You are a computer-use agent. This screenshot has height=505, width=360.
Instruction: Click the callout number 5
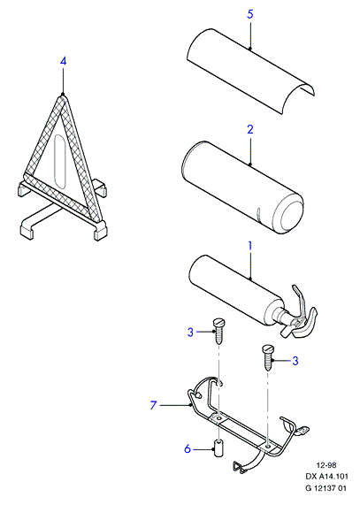pyautogui.click(x=250, y=14)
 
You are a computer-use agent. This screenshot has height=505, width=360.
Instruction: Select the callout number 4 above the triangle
pyautogui.click(x=63, y=61)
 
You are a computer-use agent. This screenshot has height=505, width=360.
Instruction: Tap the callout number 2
pyautogui.click(x=250, y=129)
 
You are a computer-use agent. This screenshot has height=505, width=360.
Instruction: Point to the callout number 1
pyautogui.click(x=249, y=246)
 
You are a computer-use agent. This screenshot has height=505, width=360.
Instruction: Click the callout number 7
pyautogui.click(x=153, y=405)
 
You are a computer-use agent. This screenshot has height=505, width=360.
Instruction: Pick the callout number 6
pyautogui.click(x=188, y=448)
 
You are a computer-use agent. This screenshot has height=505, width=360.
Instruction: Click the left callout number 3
pyautogui.click(x=191, y=332)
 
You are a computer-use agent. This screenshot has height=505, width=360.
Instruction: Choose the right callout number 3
pyautogui.click(x=295, y=361)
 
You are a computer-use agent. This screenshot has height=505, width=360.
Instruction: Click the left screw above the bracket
pyautogui.click(x=219, y=332)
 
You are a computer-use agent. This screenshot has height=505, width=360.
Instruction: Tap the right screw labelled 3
pyautogui.click(x=268, y=357)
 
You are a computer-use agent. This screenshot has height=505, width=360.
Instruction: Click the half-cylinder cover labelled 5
pyautogui.click(x=250, y=72)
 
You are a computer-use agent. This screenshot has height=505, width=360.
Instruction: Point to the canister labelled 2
pyautogui.click(x=242, y=187)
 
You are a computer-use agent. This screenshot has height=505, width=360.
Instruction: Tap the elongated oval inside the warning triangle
pyautogui.click(x=60, y=160)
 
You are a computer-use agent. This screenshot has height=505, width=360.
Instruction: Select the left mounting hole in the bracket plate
pyautogui.click(x=219, y=418)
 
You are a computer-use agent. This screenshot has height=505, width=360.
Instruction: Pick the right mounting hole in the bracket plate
pyautogui.click(x=268, y=447)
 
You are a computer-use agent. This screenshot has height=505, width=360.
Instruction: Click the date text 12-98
pyautogui.click(x=326, y=465)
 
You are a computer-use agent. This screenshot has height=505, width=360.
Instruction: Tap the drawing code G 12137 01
pyautogui.click(x=326, y=488)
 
